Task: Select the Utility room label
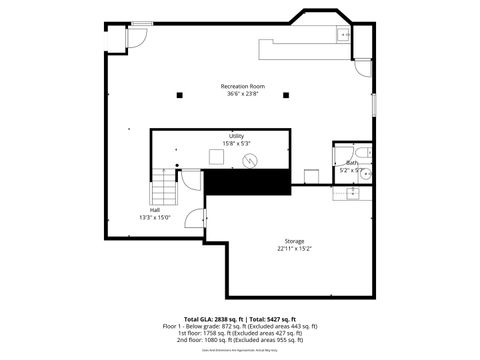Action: [x=236, y=136]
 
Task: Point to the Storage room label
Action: [x=294, y=241]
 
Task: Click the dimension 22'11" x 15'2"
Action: [x=294, y=250]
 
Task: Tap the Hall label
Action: [x=155, y=210]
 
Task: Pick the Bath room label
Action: [x=351, y=162]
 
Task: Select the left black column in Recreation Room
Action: [x=179, y=95]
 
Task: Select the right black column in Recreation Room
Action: [x=286, y=95]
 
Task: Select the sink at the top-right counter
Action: [x=344, y=35]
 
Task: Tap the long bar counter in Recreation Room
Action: [x=295, y=47]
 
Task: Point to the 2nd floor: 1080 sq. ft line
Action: [x=240, y=340]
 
